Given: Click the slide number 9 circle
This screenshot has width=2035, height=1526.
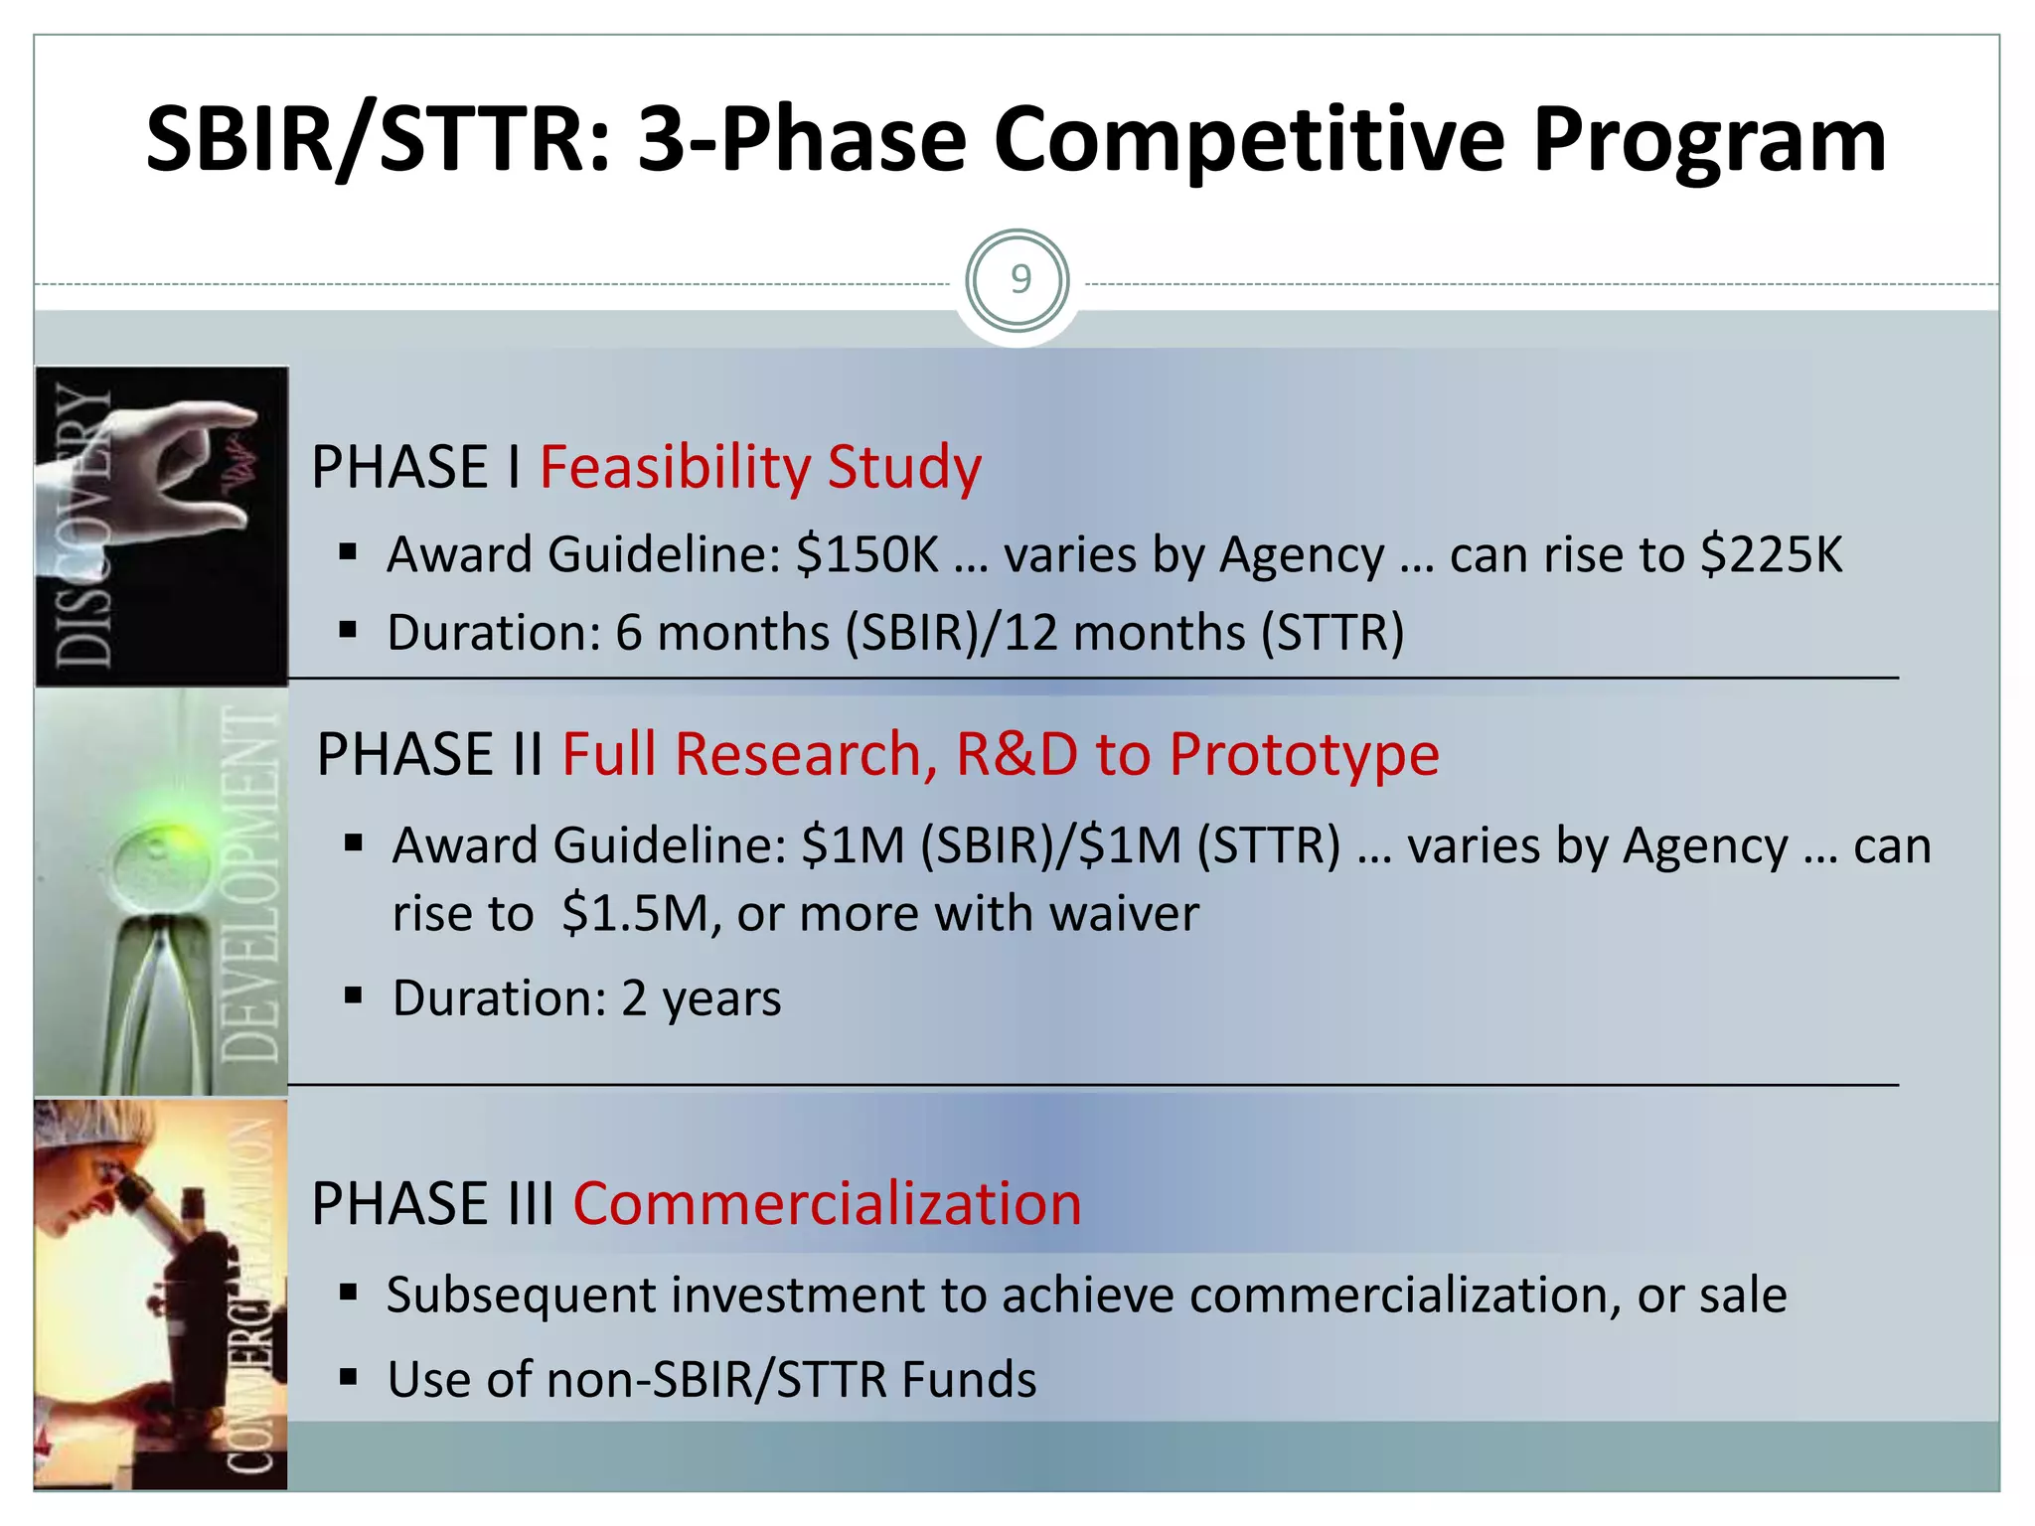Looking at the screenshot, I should click(1017, 281).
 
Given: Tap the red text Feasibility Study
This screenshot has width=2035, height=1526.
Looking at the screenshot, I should click(760, 467).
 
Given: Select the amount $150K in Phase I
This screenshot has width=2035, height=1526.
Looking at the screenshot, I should click(866, 554).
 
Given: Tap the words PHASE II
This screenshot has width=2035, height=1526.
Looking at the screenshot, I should click(429, 754).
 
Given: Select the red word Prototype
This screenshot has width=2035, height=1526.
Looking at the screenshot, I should click(1304, 754).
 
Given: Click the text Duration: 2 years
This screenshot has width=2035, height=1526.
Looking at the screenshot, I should click(586, 998).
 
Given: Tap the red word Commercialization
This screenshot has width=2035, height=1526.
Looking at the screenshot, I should click(827, 1204).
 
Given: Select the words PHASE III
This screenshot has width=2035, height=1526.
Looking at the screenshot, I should click(432, 1204).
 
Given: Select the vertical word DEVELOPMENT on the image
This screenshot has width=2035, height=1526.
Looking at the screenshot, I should click(248, 884).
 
